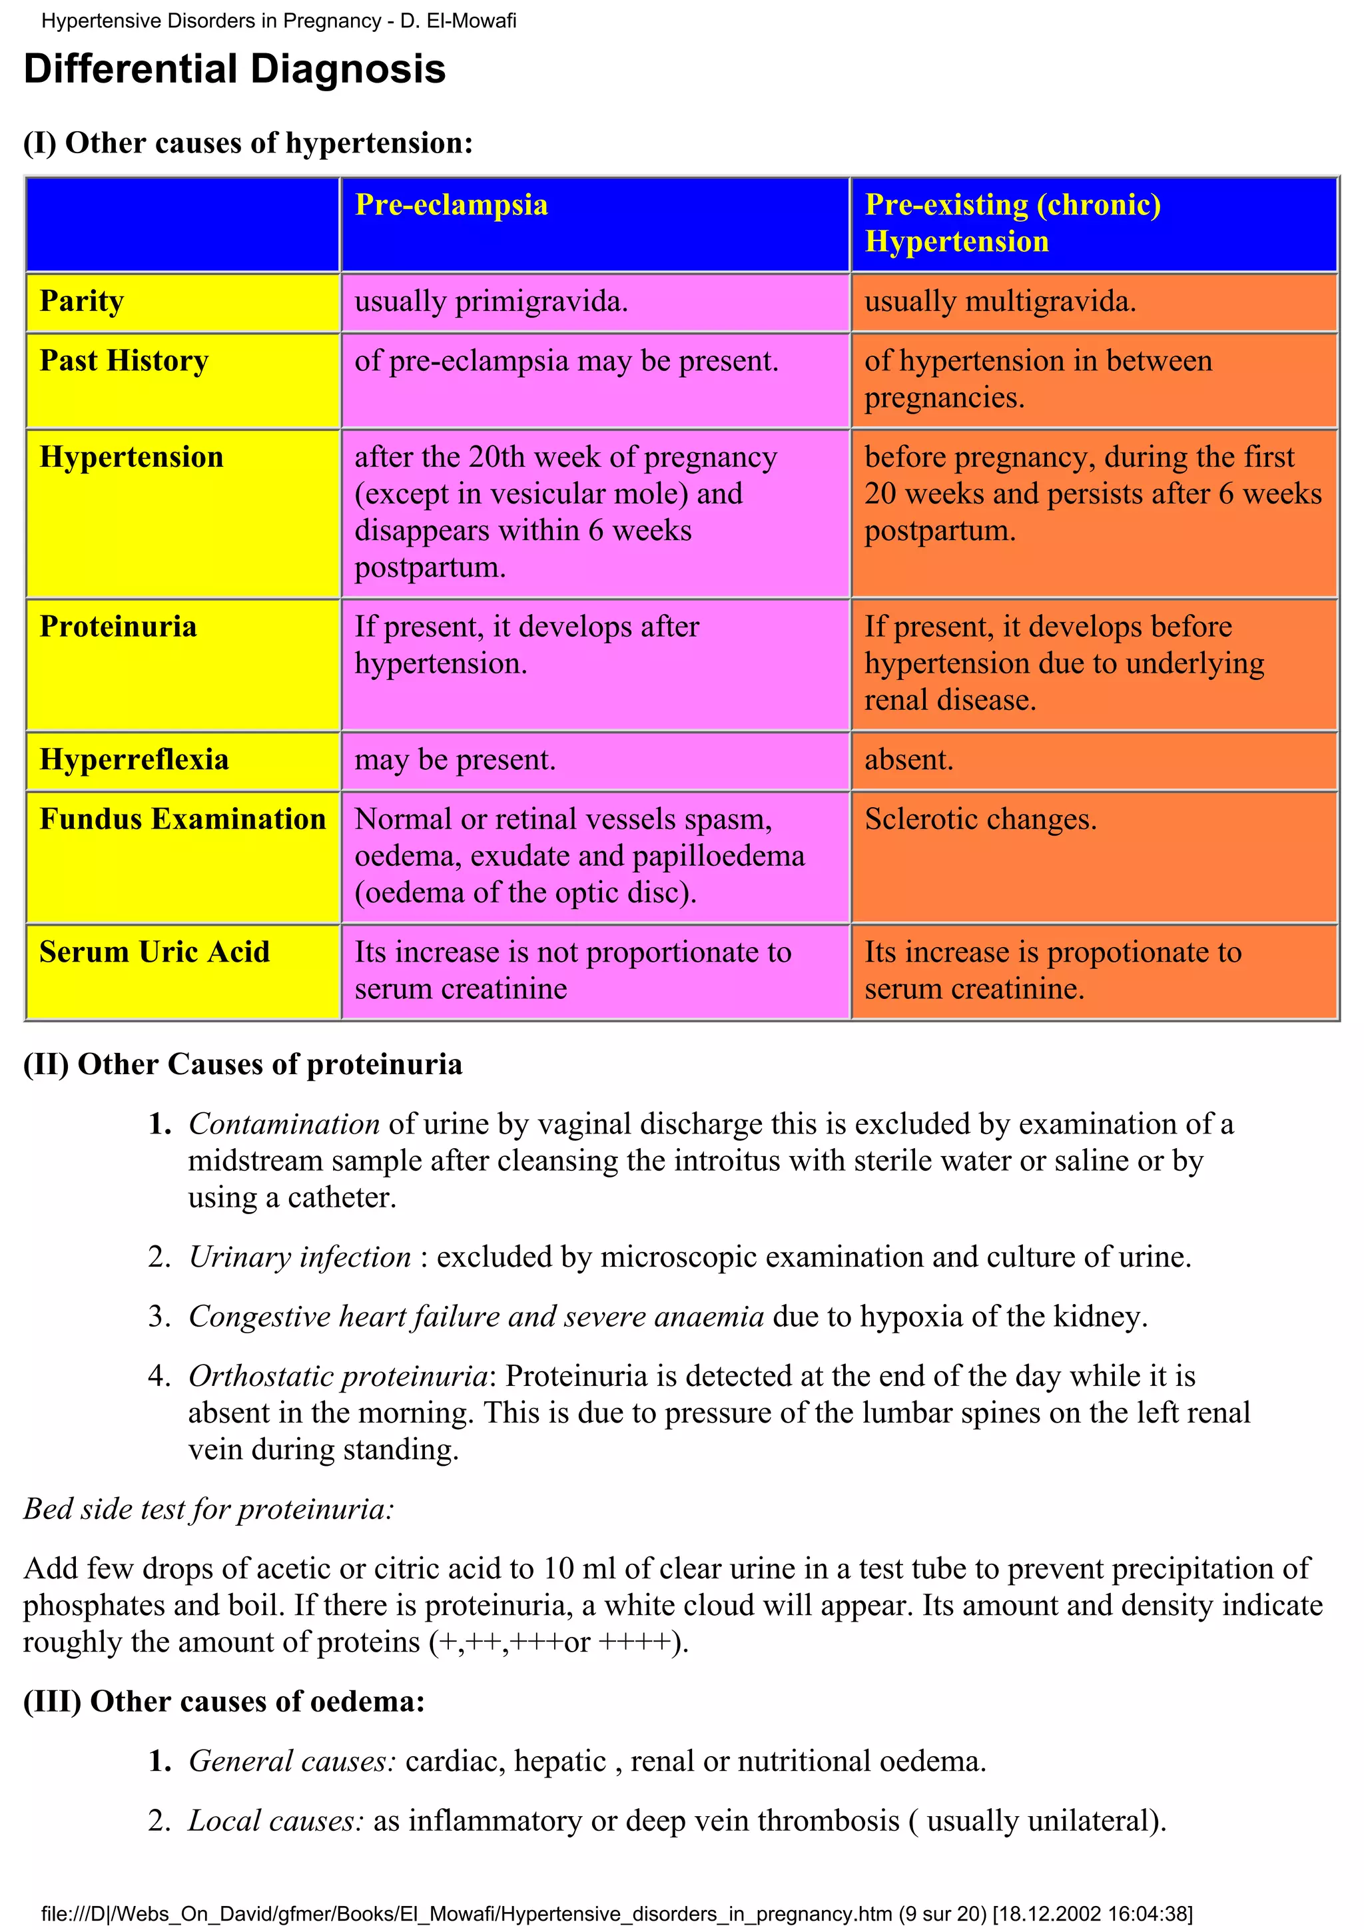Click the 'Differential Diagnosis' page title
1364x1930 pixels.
pyautogui.click(x=234, y=69)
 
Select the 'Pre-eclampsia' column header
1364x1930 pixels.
pyautogui.click(x=452, y=205)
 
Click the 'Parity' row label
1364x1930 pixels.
pyautogui.click(x=83, y=301)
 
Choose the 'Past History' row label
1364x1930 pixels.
pyautogui.click(x=125, y=360)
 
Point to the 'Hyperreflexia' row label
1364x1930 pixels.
pyautogui.click(x=135, y=760)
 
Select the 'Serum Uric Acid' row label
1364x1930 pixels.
pyautogui.click(x=155, y=952)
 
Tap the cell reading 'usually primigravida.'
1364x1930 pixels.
pyautogui.click(x=491, y=302)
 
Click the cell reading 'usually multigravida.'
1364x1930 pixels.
pyautogui.click(x=1000, y=302)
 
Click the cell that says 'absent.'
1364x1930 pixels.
pyautogui.click(x=908, y=760)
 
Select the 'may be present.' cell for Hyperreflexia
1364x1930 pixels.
pyautogui.click(x=455, y=760)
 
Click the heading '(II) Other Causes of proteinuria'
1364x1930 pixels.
pyautogui.click(x=243, y=1064)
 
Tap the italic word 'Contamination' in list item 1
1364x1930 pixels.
pyautogui.click(x=284, y=1124)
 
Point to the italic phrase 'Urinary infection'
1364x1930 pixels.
pyautogui.click(x=300, y=1257)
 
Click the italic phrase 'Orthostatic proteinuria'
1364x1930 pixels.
pyautogui.click(x=338, y=1376)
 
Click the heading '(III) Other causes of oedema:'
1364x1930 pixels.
pyautogui.click(x=224, y=1702)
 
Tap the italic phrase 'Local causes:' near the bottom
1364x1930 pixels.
pyautogui.click(x=276, y=1821)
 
